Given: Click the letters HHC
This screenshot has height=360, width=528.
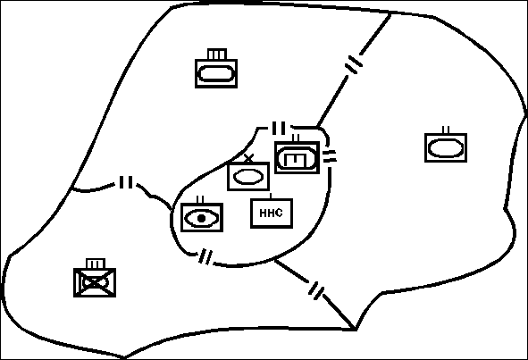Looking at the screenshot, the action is click(x=271, y=213).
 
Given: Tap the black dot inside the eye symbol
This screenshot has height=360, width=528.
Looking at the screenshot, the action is click(x=201, y=219).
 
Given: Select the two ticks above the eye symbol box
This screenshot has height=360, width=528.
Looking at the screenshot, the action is click(x=200, y=200).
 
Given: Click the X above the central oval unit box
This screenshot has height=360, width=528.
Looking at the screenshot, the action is click(x=249, y=158).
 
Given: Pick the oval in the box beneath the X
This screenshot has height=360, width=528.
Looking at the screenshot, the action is click(x=248, y=177).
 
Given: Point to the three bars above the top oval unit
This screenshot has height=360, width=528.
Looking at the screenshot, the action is click(x=216, y=54).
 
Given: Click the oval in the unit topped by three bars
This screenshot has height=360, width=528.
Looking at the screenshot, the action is click(x=216, y=74).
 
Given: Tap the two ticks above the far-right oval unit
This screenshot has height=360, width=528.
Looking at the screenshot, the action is click(x=446, y=130).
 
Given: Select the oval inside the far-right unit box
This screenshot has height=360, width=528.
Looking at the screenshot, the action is click(x=446, y=148).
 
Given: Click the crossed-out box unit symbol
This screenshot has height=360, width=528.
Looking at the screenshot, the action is click(x=95, y=282).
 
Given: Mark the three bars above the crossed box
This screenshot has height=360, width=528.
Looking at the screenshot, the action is click(x=96, y=264).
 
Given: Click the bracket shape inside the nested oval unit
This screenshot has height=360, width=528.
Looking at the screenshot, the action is click(x=295, y=160).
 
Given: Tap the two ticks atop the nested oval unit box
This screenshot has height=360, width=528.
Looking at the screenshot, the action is click(x=296, y=138).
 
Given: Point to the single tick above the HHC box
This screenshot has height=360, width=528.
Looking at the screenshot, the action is click(x=271, y=196).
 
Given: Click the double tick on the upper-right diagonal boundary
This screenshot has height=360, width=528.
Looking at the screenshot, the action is click(x=355, y=64).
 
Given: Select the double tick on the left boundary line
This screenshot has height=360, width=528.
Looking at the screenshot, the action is click(x=126, y=182).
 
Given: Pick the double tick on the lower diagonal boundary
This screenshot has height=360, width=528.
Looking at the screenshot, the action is click(x=316, y=291).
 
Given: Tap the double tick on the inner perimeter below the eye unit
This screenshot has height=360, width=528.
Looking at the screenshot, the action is click(x=205, y=257).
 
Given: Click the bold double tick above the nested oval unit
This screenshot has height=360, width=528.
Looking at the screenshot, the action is click(x=279, y=128).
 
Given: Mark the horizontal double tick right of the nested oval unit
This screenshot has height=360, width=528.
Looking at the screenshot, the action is click(x=330, y=156).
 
